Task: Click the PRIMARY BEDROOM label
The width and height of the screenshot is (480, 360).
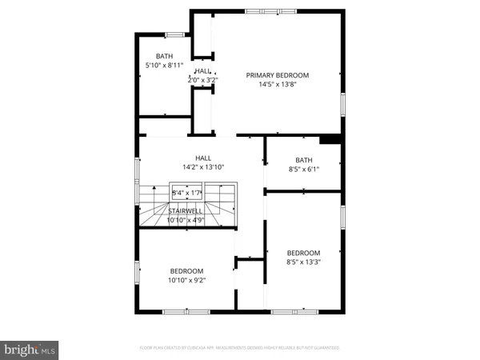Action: click(x=277, y=75)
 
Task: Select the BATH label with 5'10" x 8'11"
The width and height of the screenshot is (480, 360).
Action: click(x=164, y=56)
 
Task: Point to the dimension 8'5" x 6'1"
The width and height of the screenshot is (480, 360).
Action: click(x=304, y=169)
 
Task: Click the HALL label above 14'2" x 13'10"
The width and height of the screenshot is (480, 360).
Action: click(x=203, y=158)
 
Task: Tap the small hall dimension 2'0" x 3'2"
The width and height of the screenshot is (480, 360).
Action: click(x=203, y=80)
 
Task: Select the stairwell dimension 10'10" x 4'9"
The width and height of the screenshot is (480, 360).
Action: click(x=186, y=219)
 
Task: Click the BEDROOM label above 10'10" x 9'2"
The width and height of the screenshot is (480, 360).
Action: click(x=186, y=271)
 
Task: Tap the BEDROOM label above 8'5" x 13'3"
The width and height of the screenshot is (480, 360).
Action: click(x=304, y=253)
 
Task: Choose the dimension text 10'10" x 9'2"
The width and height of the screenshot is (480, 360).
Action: click(x=186, y=280)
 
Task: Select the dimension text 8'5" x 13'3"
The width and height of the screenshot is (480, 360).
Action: click(x=304, y=262)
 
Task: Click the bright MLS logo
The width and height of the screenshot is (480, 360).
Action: click(x=30, y=349)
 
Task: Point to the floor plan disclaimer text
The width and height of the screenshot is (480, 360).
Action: click(x=240, y=348)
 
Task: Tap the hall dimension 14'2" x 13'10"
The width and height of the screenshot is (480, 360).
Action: click(x=203, y=167)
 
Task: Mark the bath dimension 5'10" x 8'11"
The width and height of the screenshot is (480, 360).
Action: click(x=164, y=65)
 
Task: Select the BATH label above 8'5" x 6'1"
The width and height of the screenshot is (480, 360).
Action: click(x=304, y=160)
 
